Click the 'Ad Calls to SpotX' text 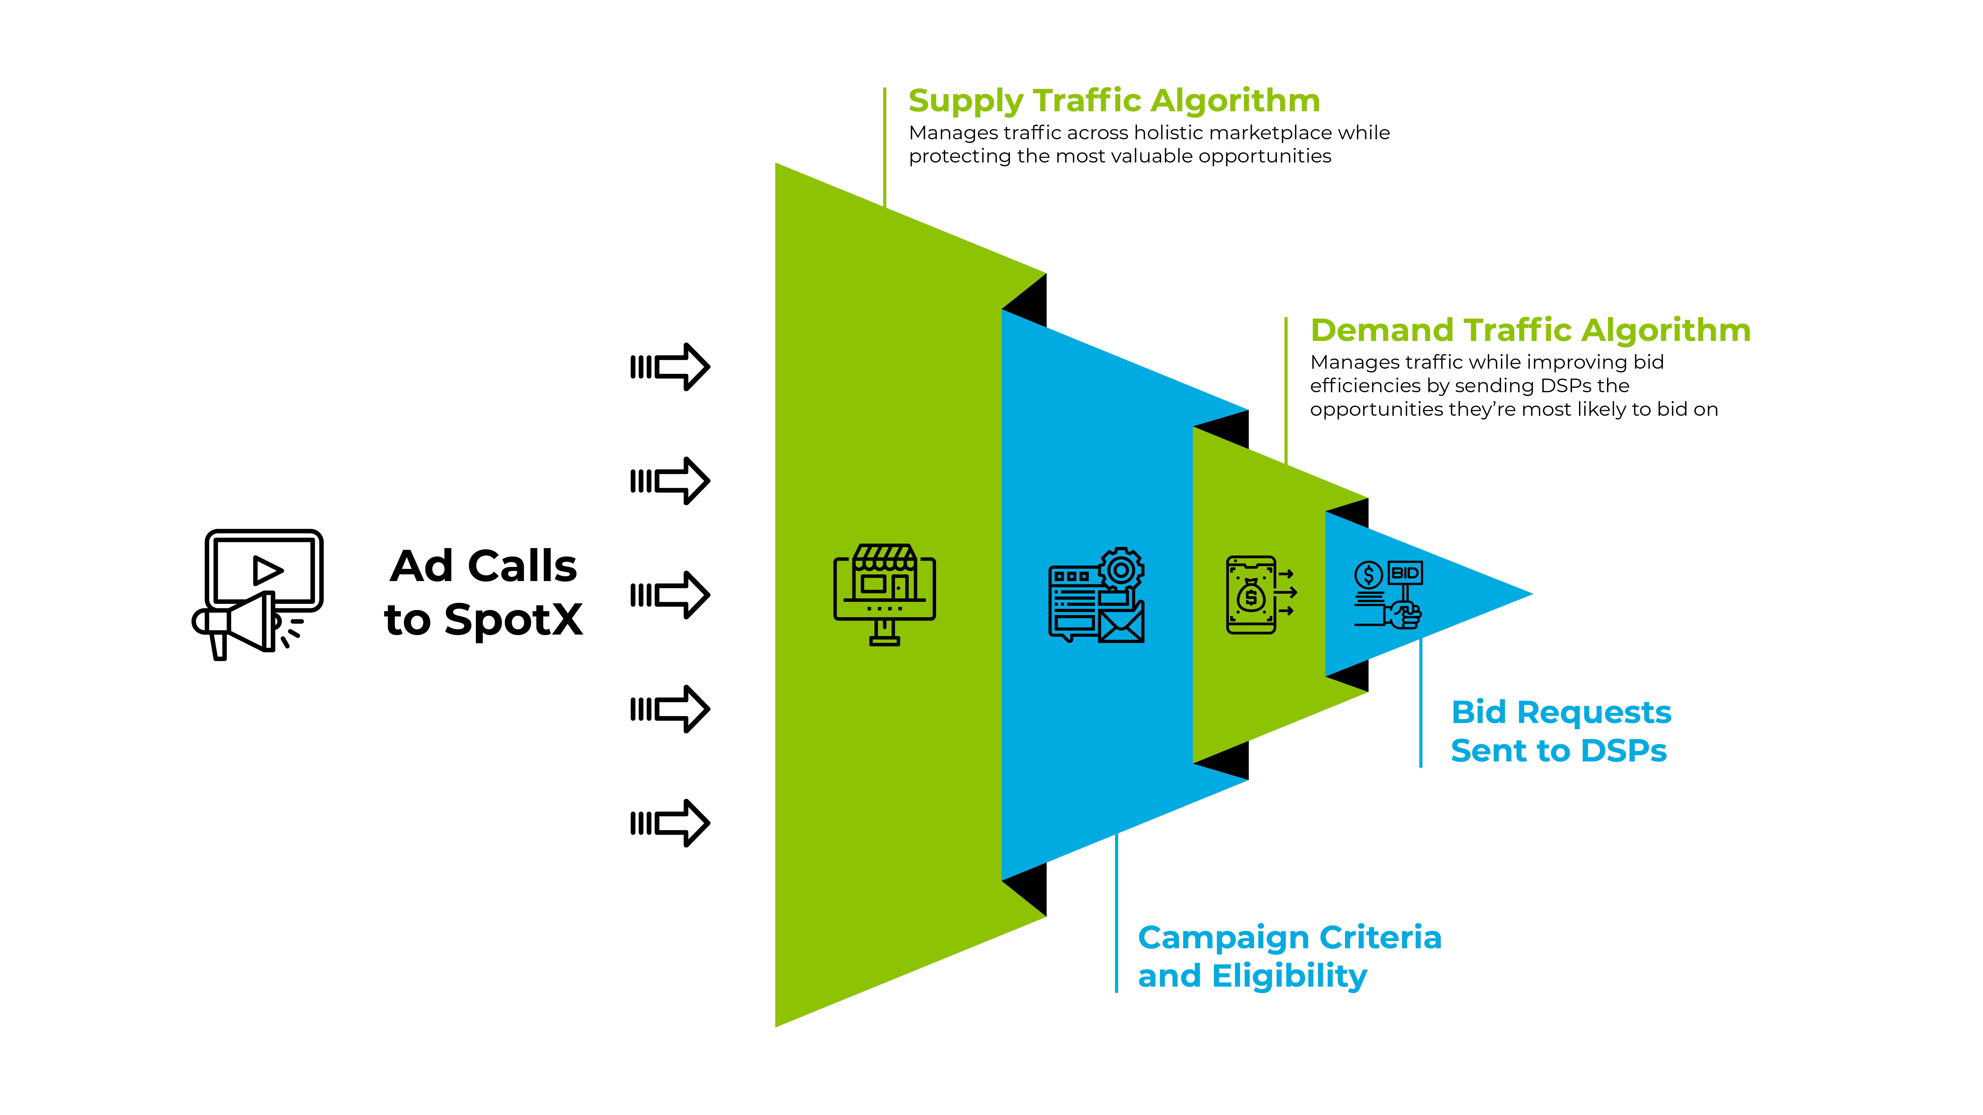pos(484,592)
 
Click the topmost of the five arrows pos(670,367)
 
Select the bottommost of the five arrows pos(670,823)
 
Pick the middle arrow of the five pos(670,595)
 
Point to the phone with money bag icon pos(1251,595)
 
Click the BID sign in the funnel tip pos(1405,573)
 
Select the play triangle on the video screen pos(267,570)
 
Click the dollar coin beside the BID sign pos(1369,574)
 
